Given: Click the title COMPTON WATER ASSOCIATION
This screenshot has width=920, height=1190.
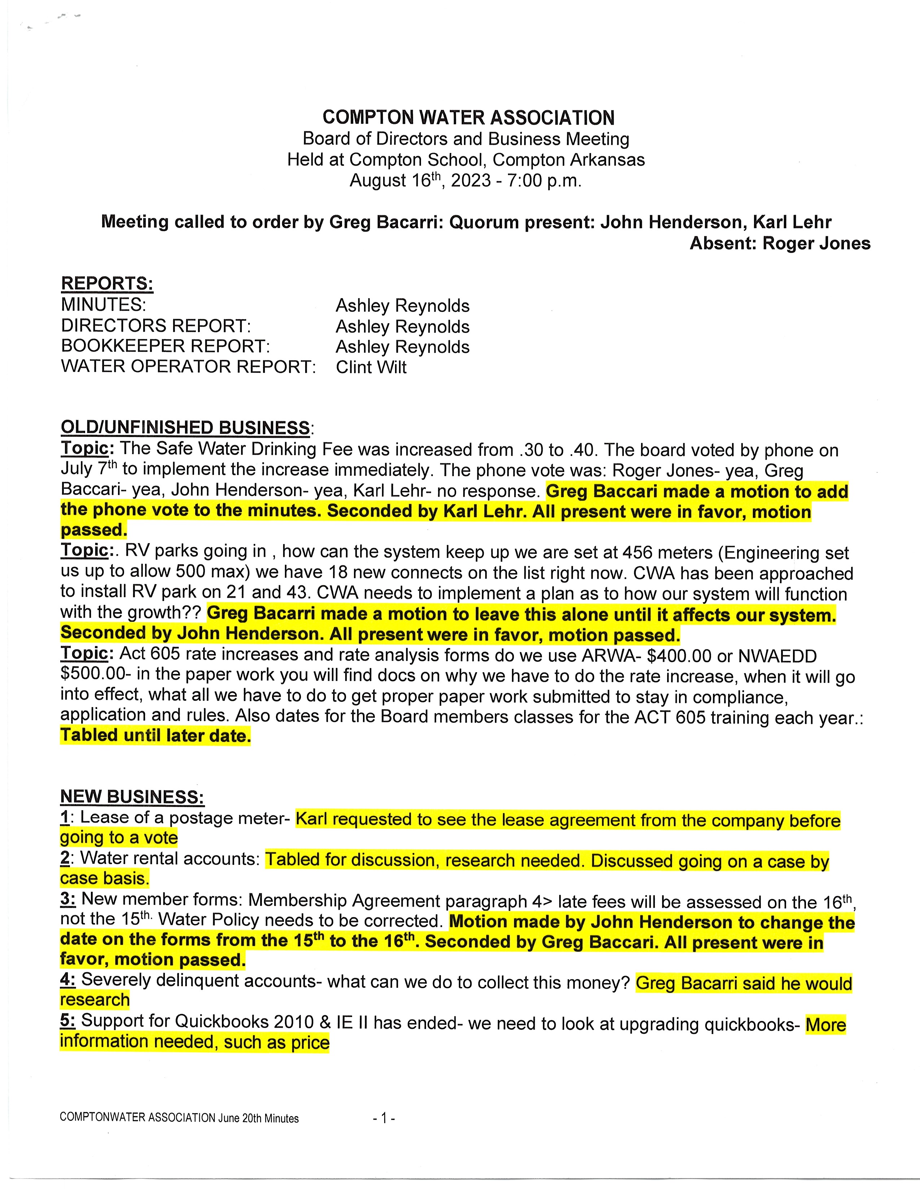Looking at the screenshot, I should [x=468, y=118].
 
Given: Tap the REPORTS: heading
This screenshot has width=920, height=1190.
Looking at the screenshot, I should [x=107, y=283].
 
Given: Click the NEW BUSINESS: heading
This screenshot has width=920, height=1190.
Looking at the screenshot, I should [x=132, y=797].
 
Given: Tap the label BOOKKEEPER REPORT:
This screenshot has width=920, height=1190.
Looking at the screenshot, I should [x=165, y=347].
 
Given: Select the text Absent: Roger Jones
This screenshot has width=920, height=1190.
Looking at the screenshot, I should [x=780, y=243].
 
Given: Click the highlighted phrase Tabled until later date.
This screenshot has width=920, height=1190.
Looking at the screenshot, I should [x=155, y=736].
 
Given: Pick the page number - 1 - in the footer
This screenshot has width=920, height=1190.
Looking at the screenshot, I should [x=384, y=1118].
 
